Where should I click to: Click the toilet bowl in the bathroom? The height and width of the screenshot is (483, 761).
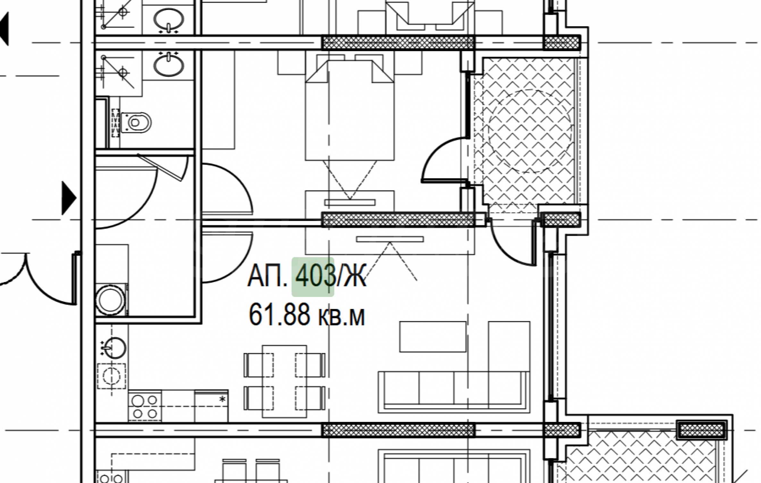[136, 122]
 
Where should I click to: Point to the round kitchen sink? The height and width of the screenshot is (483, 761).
[113, 348]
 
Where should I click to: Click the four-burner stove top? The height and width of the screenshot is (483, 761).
[145, 406]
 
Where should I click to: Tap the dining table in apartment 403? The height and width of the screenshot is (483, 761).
[284, 381]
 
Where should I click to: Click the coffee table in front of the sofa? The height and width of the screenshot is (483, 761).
[432, 337]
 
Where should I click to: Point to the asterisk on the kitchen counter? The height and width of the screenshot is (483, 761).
[222, 399]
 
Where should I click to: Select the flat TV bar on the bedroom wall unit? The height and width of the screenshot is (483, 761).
[350, 203]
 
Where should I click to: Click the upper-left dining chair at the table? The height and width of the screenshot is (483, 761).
[258, 365]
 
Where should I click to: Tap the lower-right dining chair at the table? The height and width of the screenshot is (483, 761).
[310, 398]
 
